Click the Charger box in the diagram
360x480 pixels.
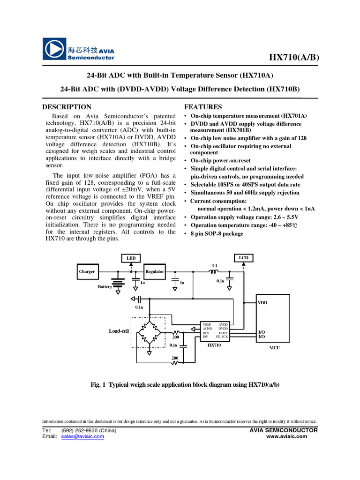click(87, 271)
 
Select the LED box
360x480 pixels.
click(131, 258)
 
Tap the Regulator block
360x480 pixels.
click(155, 271)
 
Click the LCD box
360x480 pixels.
click(243, 258)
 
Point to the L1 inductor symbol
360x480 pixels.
click(214, 271)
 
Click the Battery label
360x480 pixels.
click(105, 286)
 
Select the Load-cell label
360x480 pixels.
click(119, 331)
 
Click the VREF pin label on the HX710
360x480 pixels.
click(207, 324)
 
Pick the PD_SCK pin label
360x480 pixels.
click(222, 337)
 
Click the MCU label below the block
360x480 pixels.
click(274, 348)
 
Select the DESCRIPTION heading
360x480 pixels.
click(67, 107)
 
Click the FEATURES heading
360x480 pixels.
click(203, 107)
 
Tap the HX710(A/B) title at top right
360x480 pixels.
click(293, 57)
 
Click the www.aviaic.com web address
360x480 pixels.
click(286, 436)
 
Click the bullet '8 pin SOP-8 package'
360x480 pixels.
click(217, 233)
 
